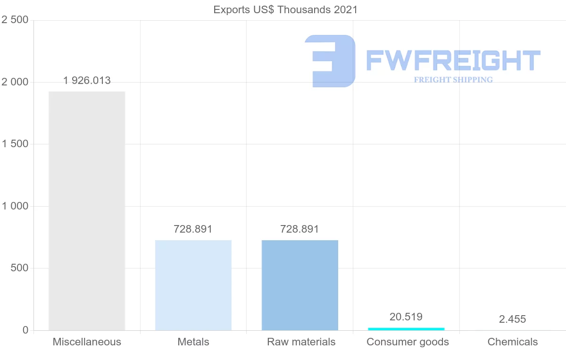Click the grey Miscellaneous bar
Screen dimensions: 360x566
[87, 211]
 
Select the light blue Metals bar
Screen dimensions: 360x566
[193, 285]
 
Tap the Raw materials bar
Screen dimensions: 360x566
[300, 285]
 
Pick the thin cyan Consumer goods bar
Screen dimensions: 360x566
[406, 328]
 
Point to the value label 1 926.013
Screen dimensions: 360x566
[87, 81]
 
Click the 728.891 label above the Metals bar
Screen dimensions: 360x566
[193, 229]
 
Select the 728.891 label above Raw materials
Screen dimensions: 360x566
[300, 229]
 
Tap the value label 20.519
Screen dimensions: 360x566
[406, 317]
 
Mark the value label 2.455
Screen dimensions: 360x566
[512, 319]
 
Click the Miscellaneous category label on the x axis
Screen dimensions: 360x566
[87, 342]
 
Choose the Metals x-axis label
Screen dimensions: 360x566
[193, 342]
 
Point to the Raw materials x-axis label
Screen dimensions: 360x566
[301, 342]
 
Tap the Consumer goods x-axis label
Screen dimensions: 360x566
[408, 342]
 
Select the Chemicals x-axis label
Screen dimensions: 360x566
[513, 342]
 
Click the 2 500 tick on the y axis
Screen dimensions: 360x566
[16, 20]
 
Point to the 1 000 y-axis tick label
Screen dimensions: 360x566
[16, 206]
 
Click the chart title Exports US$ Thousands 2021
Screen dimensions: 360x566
[285, 10]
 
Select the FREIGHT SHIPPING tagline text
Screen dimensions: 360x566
[453, 80]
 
